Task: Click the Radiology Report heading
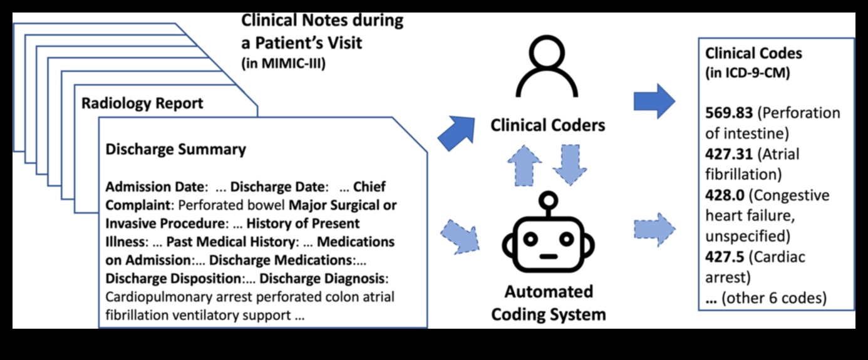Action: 142,103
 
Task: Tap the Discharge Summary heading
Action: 175,150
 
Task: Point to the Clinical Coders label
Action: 548,125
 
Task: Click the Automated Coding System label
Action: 548,303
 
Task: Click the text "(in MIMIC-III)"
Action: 283,63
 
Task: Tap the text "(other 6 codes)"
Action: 773,299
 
